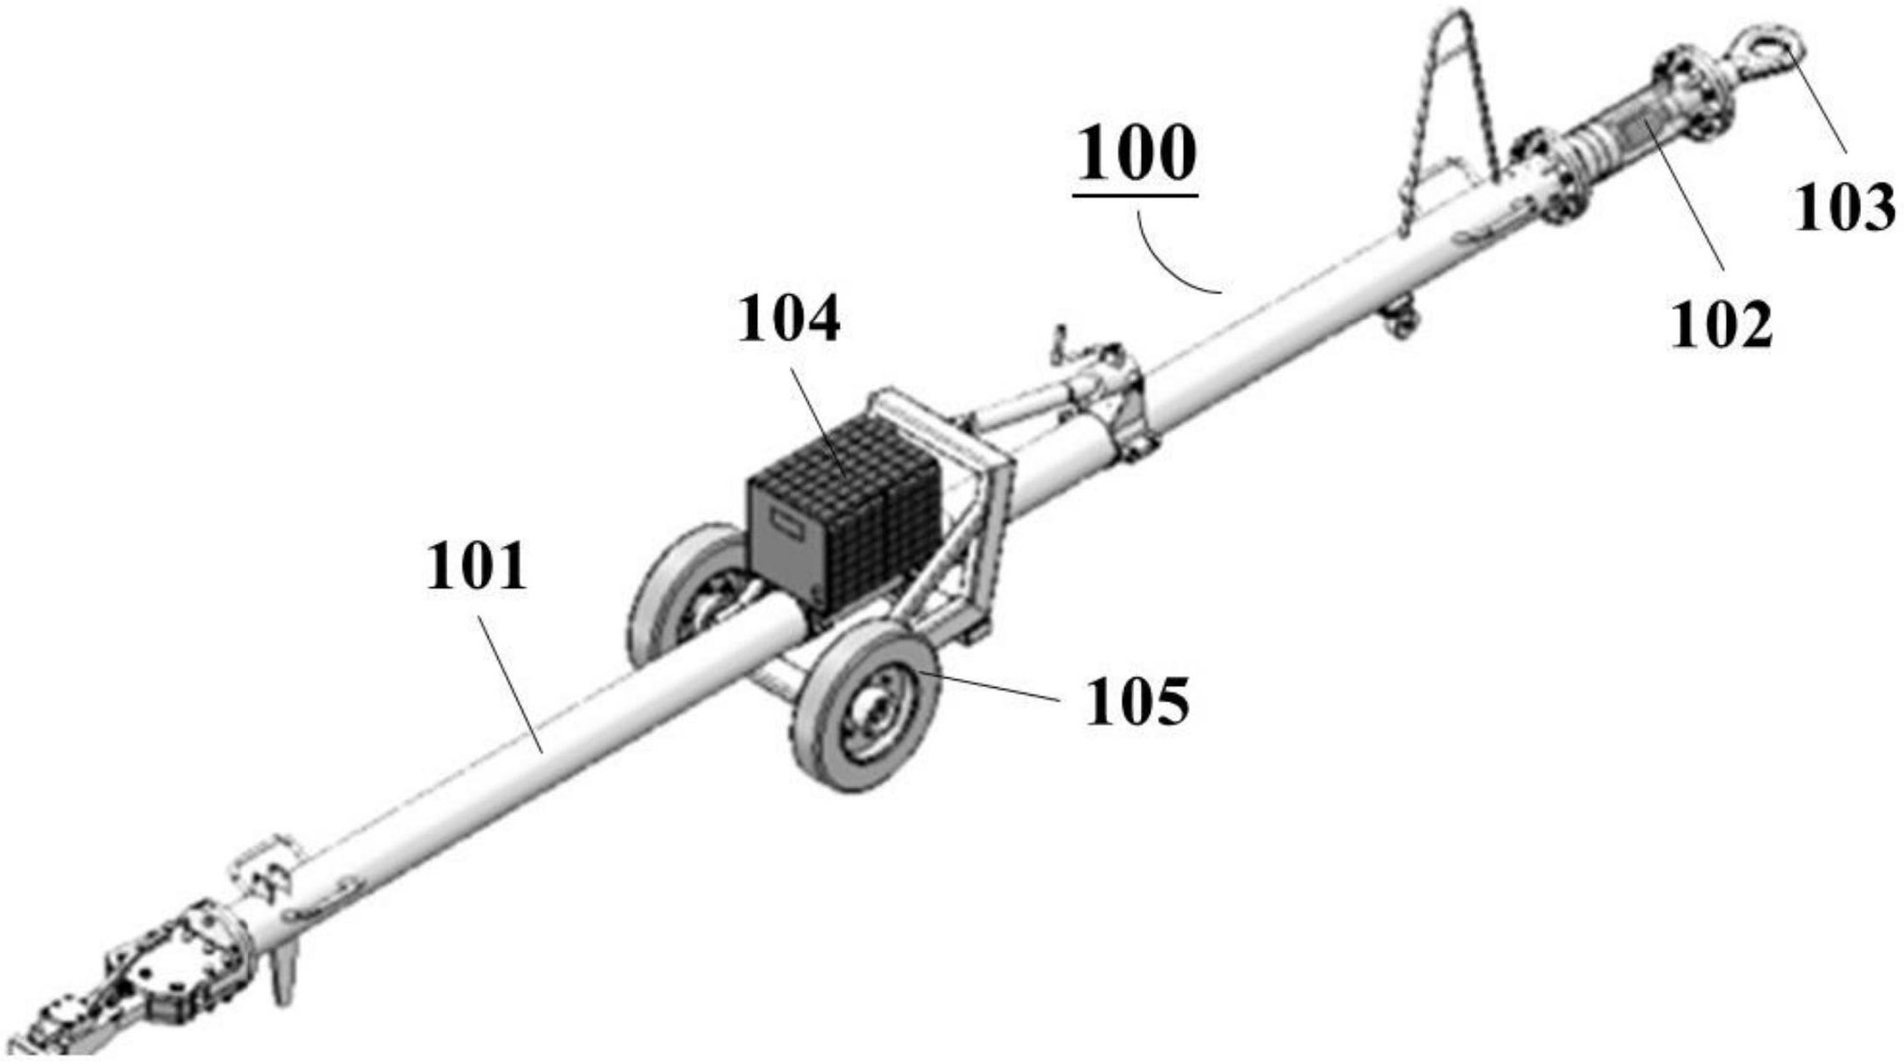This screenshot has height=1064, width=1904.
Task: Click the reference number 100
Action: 1136,155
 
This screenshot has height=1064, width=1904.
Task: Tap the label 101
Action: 476,567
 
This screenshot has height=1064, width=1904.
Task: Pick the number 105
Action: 1137,702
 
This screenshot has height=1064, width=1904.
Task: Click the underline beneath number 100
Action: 1136,196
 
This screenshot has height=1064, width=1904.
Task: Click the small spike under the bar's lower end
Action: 283,978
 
